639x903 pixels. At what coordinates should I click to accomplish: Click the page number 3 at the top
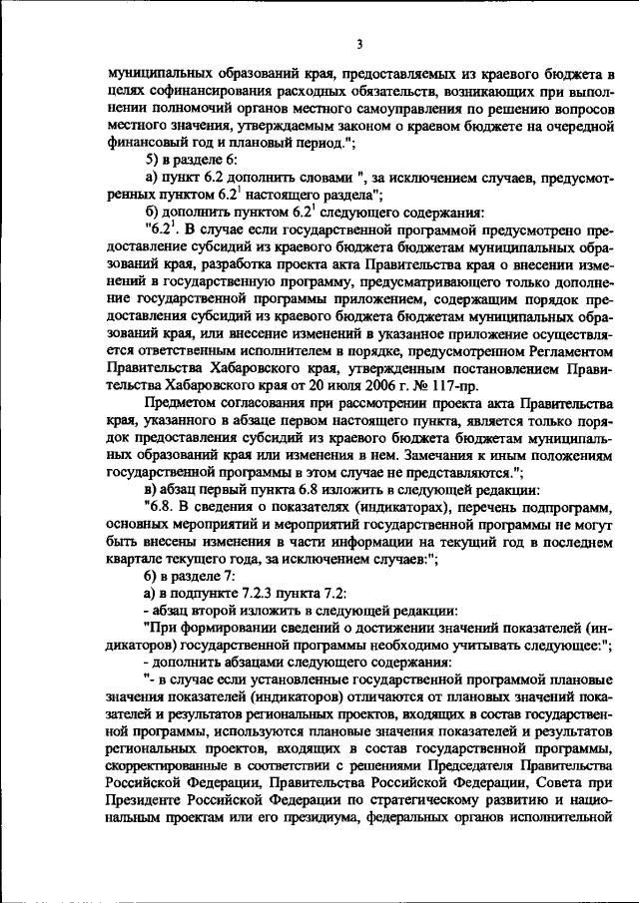pyautogui.click(x=356, y=44)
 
